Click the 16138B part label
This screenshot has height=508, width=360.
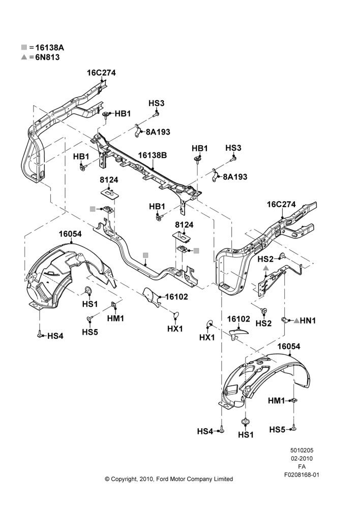point(153,155)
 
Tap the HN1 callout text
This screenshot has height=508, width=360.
point(308,321)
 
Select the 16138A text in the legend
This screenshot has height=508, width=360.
point(50,48)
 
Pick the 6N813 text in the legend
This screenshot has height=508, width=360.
point(47,57)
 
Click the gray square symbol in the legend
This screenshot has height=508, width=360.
point(24,47)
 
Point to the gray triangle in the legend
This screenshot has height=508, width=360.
point(24,57)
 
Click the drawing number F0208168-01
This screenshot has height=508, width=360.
point(302,475)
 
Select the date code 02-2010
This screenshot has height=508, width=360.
point(302,458)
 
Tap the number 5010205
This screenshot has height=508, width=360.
point(302,450)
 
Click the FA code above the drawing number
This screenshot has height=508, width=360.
point(302,467)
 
